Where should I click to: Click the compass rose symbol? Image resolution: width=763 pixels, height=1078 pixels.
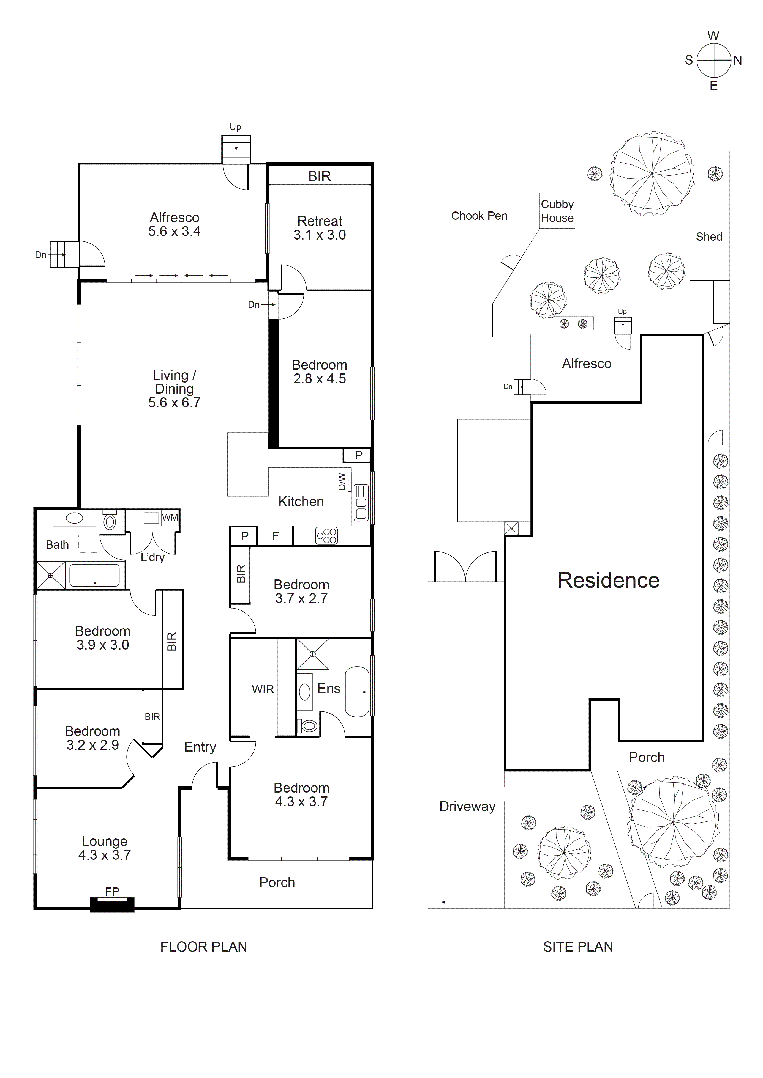pos(714,61)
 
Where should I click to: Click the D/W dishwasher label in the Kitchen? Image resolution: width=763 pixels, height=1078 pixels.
pos(342,481)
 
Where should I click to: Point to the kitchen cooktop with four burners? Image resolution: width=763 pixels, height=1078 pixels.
pos(326,536)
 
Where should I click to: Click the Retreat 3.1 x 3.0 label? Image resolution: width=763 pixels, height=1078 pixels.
pos(320,228)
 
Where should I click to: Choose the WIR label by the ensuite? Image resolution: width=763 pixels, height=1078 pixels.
pos(263,689)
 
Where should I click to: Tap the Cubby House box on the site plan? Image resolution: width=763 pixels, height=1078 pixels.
pos(557,211)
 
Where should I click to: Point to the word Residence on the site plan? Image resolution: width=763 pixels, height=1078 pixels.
pos(608,580)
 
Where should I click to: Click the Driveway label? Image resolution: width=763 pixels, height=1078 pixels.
pos(467,806)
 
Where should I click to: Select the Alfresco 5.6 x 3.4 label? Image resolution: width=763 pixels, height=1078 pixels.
pos(174,224)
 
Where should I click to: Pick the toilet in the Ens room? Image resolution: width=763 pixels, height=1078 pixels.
pos(309,726)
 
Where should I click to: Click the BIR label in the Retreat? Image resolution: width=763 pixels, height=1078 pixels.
pos(320,176)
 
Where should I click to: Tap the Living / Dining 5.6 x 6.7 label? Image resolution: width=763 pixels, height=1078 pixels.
pos(174,389)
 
